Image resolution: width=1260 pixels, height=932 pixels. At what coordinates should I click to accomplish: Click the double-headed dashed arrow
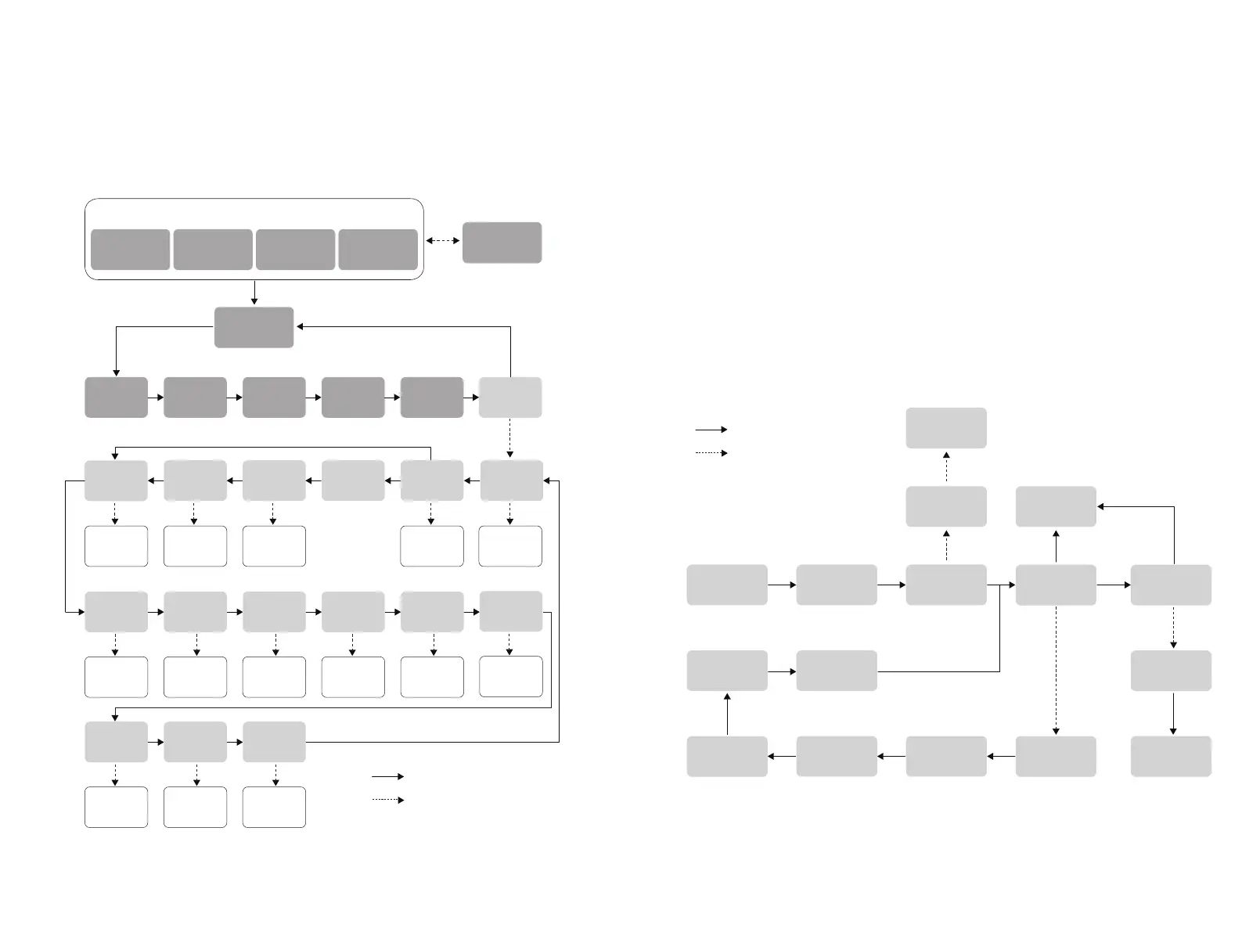coord(442,241)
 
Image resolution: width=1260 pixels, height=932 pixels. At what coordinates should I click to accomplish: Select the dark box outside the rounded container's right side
coord(502,243)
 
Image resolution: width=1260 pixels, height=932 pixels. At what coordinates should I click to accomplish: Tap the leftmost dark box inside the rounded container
coord(131,250)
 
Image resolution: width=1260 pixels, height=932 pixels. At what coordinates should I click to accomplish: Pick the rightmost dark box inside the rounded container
coord(378,250)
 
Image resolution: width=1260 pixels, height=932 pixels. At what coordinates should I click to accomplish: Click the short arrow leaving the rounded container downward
coord(254,293)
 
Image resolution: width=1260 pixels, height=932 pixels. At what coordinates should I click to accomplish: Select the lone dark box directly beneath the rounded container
coord(254,327)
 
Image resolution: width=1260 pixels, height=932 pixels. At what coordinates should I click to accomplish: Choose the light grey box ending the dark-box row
coord(509,398)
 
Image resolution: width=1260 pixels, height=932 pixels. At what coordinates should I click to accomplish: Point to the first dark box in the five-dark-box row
coord(116,398)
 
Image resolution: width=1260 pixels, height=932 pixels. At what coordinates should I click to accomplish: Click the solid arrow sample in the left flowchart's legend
coord(387,776)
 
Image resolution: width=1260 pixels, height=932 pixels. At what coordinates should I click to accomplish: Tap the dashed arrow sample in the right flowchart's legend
coord(711,452)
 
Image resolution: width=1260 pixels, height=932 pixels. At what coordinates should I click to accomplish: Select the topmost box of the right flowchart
coord(945,428)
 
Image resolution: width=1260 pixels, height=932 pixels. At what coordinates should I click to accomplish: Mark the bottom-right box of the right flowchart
coord(1171,756)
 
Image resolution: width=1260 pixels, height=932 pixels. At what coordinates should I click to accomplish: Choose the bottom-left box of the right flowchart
coord(726,756)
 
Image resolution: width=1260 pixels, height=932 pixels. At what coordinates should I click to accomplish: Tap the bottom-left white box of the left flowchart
coord(116,808)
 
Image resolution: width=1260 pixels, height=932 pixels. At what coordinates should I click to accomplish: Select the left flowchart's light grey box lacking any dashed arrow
coord(352,480)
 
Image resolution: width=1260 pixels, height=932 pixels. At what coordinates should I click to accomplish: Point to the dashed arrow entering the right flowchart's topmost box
coord(945,466)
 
